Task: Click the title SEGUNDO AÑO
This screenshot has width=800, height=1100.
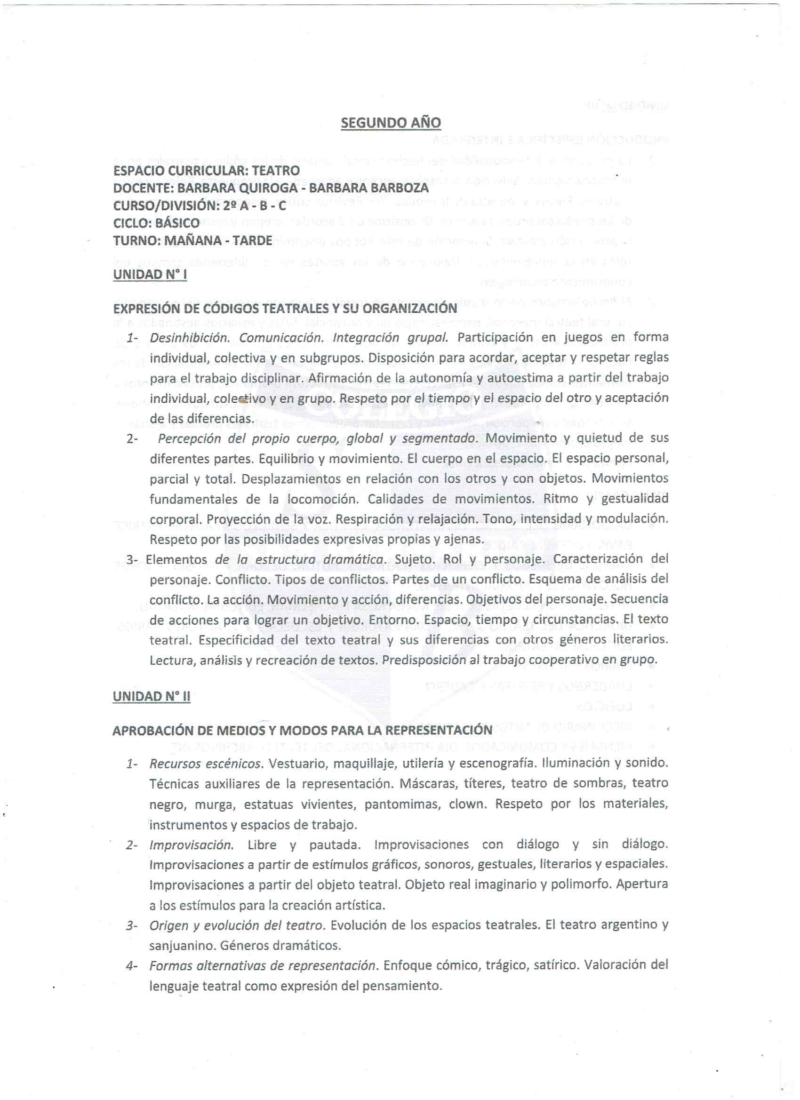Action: click(x=391, y=123)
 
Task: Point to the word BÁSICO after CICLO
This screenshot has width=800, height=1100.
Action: click(x=176, y=223)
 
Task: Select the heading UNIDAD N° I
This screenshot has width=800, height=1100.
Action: click(x=150, y=274)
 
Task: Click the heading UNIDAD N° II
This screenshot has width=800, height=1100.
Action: click(x=152, y=696)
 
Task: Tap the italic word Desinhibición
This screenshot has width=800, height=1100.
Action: click(x=189, y=337)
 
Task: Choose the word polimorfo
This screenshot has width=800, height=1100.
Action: click(x=581, y=885)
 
